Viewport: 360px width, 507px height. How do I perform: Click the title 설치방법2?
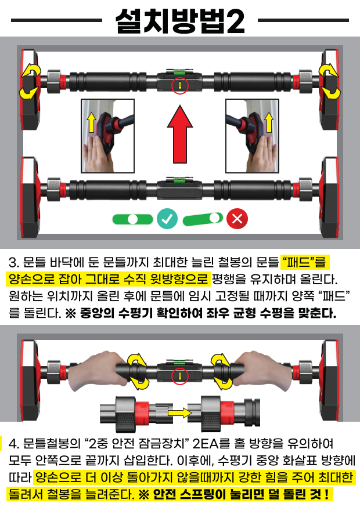[180, 21]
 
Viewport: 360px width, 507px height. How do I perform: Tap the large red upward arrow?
[180, 134]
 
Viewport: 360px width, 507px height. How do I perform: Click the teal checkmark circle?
[167, 219]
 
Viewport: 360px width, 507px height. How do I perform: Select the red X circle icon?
[237, 219]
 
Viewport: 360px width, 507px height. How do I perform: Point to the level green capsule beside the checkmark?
[133, 219]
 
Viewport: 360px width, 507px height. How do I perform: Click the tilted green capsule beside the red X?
[203, 219]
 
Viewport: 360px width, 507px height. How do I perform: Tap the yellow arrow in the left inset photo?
[91, 122]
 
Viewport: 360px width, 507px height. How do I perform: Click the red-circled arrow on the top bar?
[180, 86]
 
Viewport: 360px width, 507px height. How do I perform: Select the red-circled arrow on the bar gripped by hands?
[180, 376]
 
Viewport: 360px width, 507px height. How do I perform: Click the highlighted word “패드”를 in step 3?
[304, 262]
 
